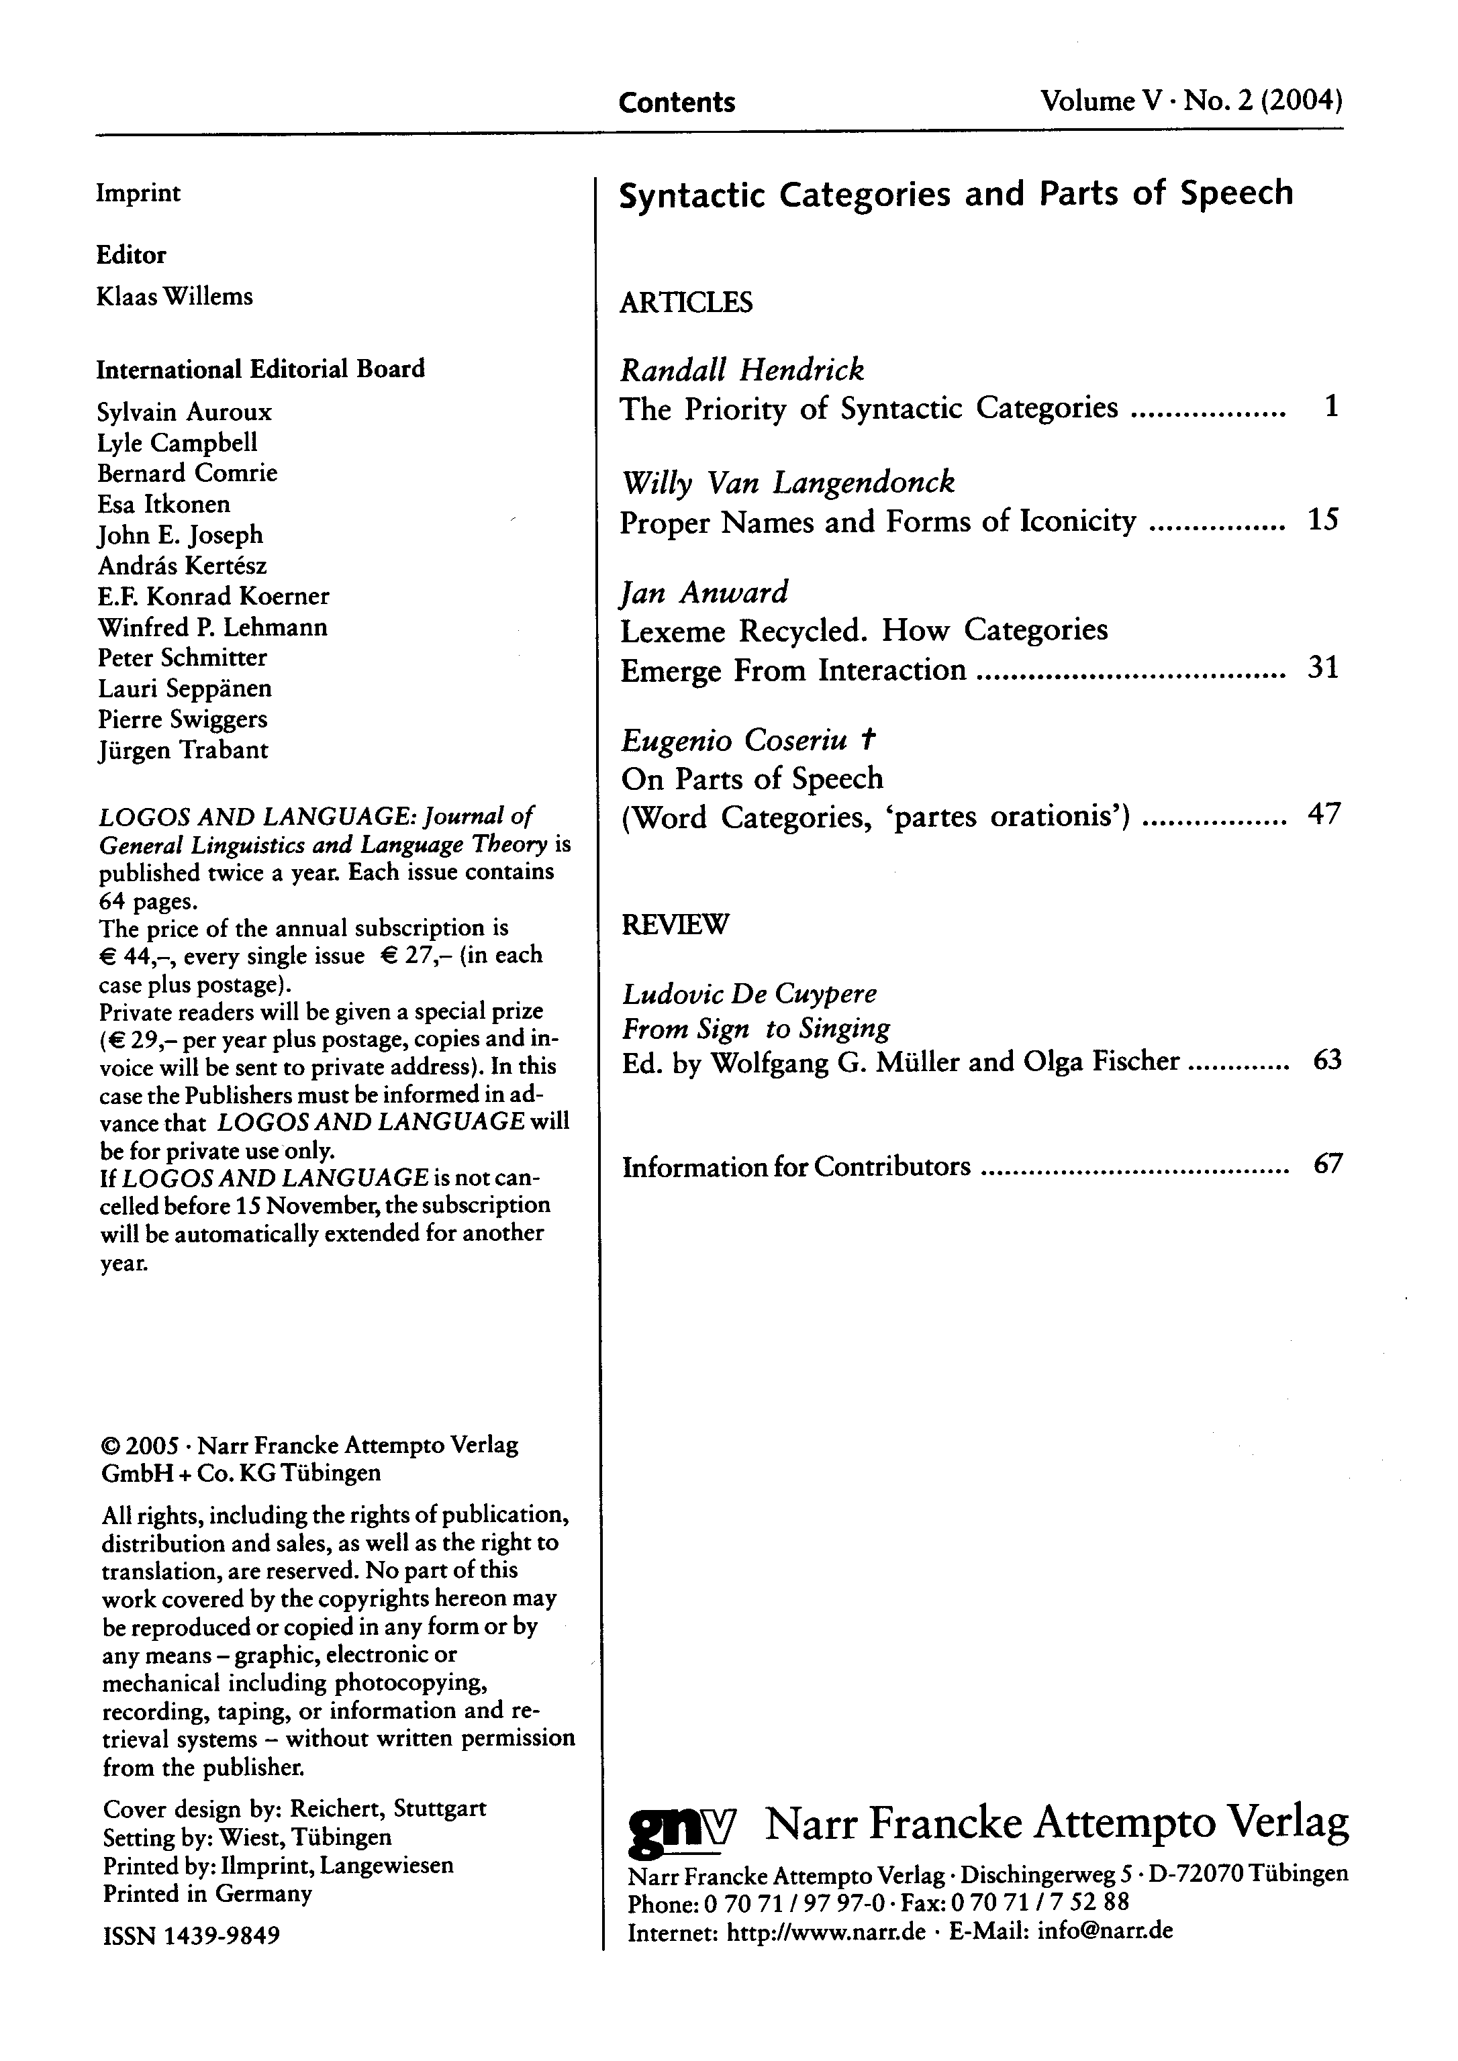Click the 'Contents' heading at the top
click(x=677, y=102)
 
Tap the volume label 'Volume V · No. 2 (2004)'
click(x=1192, y=101)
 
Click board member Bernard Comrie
click(x=187, y=473)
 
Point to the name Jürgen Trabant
click(x=183, y=750)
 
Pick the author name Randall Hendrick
click(x=742, y=369)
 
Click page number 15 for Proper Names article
click(x=1323, y=519)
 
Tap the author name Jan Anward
click(x=705, y=593)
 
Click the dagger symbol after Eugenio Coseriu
click(x=867, y=740)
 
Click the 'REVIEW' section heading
click(x=675, y=925)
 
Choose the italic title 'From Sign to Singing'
click(x=756, y=1027)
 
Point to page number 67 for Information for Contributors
click(x=1327, y=1165)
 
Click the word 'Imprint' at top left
click(x=138, y=193)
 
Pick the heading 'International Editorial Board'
click(x=260, y=369)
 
